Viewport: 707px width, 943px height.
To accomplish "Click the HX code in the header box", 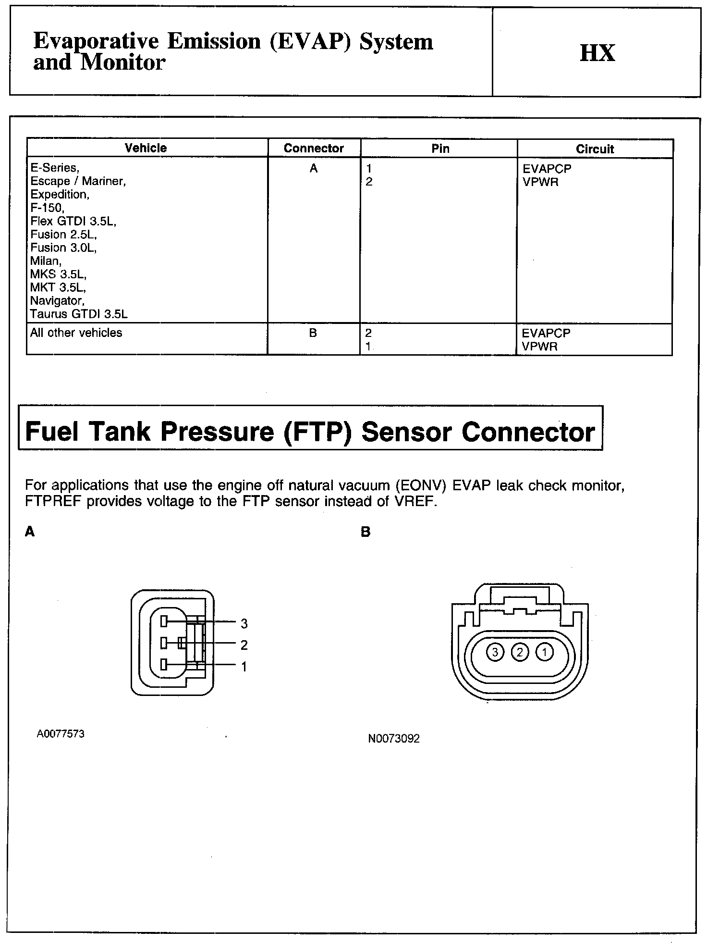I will [x=597, y=53].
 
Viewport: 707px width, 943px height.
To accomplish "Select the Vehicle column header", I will [x=146, y=148].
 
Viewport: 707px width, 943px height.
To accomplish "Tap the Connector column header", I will [x=314, y=148].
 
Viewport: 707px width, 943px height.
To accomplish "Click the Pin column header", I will [x=440, y=149].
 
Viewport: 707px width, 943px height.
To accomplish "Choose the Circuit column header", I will [x=595, y=149].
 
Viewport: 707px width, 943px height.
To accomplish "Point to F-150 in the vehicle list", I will [x=47, y=208].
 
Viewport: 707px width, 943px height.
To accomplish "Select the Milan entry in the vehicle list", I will [x=46, y=261].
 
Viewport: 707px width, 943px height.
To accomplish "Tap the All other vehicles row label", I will [x=76, y=333].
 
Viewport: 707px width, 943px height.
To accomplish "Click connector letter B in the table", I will [x=313, y=333].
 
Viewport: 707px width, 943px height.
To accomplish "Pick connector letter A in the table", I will [x=314, y=168].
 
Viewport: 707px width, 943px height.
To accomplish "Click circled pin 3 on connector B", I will [x=495, y=652].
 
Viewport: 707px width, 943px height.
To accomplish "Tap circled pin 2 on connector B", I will [x=520, y=652].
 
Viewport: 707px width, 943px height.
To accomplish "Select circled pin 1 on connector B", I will [x=545, y=652].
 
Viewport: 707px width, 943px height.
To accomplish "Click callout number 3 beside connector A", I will [x=244, y=623].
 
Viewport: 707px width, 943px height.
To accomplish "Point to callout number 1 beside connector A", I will [x=244, y=667].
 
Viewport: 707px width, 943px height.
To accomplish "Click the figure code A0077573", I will [x=61, y=734].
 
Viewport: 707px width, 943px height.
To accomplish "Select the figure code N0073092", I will [x=394, y=739].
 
